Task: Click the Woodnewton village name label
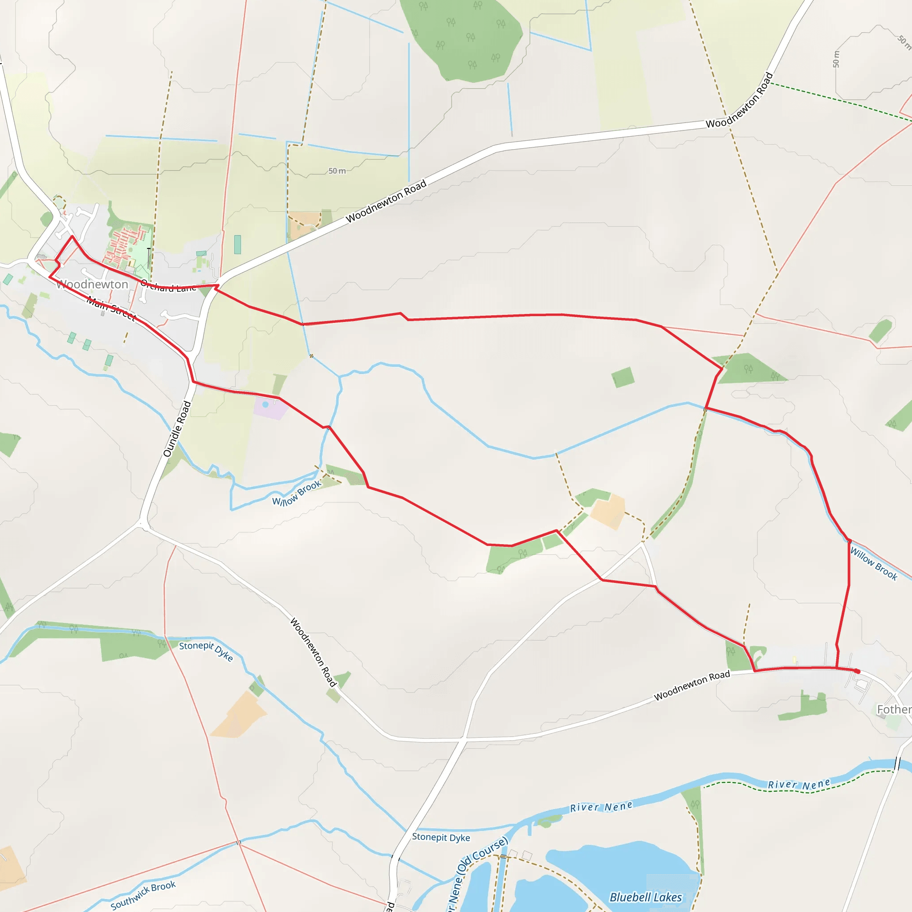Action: tap(93, 284)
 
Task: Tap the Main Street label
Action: tap(111, 308)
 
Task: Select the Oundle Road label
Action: tap(177, 429)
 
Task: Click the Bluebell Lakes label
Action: tap(646, 897)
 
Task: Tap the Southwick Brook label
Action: tap(143, 895)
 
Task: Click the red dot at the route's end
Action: tap(857, 671)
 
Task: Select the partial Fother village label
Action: tap(894, 709)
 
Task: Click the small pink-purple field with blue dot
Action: tap(269, 407)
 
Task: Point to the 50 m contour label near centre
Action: tap(337, 171)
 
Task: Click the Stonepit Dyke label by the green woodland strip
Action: tap(206, 651)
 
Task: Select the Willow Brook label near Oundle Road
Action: tap(297, 493)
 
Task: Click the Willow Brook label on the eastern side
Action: tap(874, 563)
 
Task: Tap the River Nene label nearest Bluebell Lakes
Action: tap(601, 807)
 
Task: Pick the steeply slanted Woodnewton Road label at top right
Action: tap(740, 100)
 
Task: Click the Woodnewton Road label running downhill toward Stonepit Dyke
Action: tap(313, 652)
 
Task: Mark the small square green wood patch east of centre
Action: tap(623, 378)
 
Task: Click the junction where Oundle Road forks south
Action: tap(142, 524)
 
